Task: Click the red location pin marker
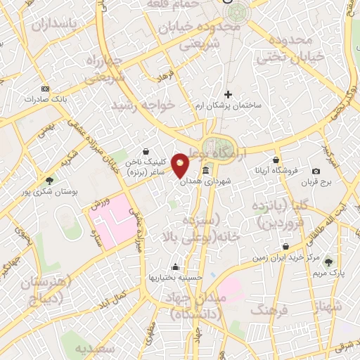click(180, 166)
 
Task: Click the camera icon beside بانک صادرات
click(46, 89)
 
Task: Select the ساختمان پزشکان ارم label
click(228, 105)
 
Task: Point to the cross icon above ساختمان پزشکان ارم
click(228, 94)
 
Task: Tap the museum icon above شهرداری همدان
click(205, 171)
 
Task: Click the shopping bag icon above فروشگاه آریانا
click(276, 160)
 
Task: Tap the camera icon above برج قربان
click(316, 171)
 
